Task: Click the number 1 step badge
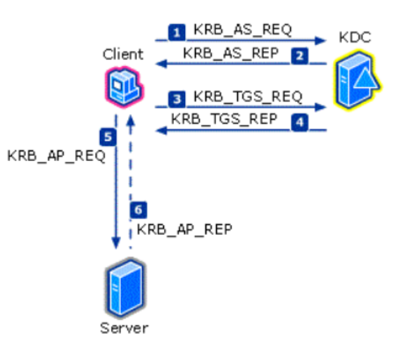pyautogui.click(x=177, y=32)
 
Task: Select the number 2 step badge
pyautogui.click(x=300, y=56)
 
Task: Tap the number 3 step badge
pyautogui.click(x=177, y=99)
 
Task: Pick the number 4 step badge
pyautogui.click(x=300, y=122)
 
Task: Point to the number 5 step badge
pyautogui.click(x=108, y=137)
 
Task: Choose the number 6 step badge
pyautogui.click(x=139, y=210)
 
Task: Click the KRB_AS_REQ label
pyautogui.click(x=243, y=30)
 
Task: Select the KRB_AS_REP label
pyautogui.click(x=231, y=53)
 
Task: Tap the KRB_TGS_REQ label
pyautogui.click(x=248, y=96)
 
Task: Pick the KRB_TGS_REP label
pyautogui.click(x=225, y=119)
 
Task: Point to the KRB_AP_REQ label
pyautogui.click(x=56, y=156)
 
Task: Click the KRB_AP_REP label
pyautogui.click(x=184, y=229)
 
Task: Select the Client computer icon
pyautogui.click(x=124, y=87)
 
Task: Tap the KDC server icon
pyautogui.click(x=358, y=80)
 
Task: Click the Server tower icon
pyautogui.click(x=126, y=288)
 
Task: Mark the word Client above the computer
pyautogui.click(x=123, y=54)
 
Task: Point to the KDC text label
pyautogui.click(x=355, y=37)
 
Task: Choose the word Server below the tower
pyautogui.click(x=124, y=328)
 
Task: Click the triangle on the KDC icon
pyautogui.click(x=366, y=78)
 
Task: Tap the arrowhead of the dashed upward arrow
pyautogui.click(x=130, y=121)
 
